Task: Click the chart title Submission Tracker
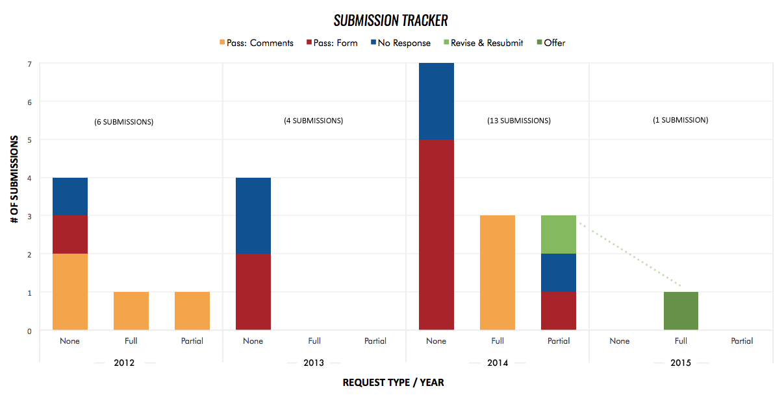391,20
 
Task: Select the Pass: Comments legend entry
257,43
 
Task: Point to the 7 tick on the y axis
29,64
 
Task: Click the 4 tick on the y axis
29,178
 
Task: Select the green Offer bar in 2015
681,311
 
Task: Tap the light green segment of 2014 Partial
559,234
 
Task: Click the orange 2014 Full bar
498,272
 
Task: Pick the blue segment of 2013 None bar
253,215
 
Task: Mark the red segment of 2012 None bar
70,234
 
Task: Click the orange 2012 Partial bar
192,311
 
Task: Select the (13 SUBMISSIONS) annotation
519,121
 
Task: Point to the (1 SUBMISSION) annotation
681,120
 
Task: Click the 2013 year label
314,363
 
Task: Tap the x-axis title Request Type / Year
394,383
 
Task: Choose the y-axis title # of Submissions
14,180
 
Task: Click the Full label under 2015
681,341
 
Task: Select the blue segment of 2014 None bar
436,101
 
